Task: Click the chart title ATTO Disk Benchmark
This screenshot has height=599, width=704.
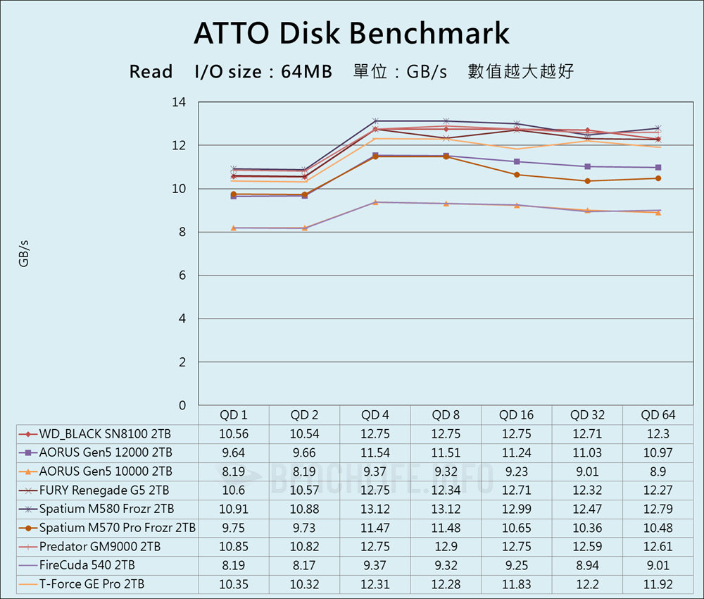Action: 351,33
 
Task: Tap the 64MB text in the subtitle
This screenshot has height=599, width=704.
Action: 306,72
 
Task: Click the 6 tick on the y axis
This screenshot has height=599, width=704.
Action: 182,276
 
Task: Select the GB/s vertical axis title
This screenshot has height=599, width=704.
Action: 23,254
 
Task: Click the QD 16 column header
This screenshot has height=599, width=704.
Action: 517,415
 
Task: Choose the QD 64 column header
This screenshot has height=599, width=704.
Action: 658,415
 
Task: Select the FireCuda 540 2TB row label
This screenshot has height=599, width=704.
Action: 87,565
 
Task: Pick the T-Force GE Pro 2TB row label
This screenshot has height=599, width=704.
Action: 92,583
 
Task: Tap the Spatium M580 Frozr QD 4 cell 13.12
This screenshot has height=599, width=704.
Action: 375,509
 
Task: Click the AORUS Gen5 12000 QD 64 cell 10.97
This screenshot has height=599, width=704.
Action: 658,452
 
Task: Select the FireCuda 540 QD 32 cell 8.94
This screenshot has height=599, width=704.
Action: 587,565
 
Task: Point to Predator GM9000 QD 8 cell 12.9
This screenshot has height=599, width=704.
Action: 446,546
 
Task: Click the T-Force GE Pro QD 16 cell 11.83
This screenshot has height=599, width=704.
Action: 517,583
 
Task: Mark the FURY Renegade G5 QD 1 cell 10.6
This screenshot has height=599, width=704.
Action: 234,490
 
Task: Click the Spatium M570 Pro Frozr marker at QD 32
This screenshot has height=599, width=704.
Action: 587,181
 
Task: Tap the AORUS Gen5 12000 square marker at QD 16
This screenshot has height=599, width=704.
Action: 517,161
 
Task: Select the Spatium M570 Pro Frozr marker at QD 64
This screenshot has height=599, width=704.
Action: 658,178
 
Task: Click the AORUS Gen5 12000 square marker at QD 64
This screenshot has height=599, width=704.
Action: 658,168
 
